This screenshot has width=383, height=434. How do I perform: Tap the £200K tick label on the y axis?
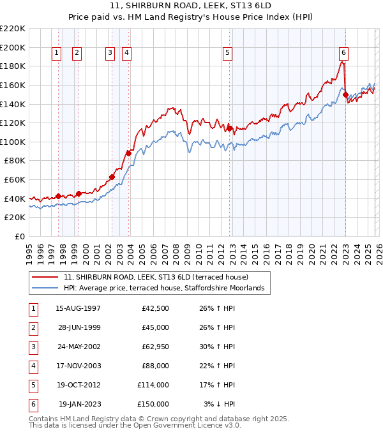coord(13,47)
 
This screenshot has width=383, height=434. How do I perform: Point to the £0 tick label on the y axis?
coord(19,236)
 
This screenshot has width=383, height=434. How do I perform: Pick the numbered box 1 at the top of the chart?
coord(57,53)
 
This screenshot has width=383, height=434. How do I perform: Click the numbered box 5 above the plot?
coord(227,53)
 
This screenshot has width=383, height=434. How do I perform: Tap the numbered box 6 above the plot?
coord(343,53)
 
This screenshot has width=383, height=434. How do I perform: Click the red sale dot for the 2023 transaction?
coord(345,94)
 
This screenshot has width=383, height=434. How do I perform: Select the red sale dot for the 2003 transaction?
coord(128,153)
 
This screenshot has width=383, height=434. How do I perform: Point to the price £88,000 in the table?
coord(155,366)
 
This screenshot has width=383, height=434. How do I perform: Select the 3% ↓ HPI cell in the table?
coord(219,404)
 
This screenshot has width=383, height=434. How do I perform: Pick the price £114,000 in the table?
coord(153,385)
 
